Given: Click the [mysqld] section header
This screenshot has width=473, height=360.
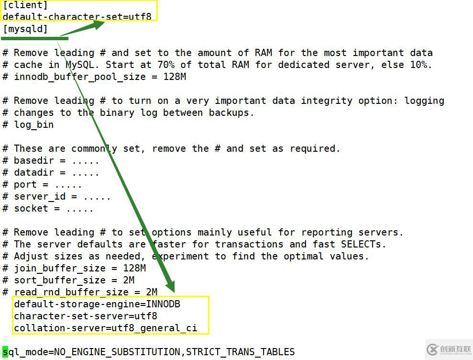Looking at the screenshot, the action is click(25, 29).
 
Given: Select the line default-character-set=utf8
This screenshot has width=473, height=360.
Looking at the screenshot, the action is click(77, 16).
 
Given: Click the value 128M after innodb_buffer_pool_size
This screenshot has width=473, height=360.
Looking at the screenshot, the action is click(175, 77).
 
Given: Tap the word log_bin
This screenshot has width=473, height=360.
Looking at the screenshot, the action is click(34, 125).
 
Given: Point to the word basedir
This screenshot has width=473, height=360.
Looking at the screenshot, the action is click(34, 160).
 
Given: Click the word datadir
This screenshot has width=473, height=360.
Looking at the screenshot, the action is click(34, 172).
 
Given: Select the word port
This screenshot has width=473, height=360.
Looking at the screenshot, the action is click(25, 184).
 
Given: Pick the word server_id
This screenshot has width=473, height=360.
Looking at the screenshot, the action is click(40, 197).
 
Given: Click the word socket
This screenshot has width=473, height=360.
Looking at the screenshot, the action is click(31, 208).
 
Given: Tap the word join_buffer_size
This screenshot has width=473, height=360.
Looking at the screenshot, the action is click(60, 268).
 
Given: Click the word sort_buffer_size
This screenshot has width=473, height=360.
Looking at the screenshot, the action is click(60, 280).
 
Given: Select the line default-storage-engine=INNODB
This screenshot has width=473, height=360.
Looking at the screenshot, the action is click(97, 304).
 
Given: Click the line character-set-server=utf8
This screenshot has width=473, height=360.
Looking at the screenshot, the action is click(85, 316).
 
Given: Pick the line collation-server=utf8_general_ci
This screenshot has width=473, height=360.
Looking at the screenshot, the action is click(106, 328).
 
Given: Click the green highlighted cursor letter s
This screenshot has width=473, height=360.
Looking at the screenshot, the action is click(5, 352).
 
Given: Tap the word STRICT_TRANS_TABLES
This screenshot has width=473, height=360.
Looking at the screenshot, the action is click(240, 352).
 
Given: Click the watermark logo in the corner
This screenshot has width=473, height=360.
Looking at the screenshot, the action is click(449, 350).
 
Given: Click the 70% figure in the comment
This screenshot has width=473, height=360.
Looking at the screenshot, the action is click(166, 65).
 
